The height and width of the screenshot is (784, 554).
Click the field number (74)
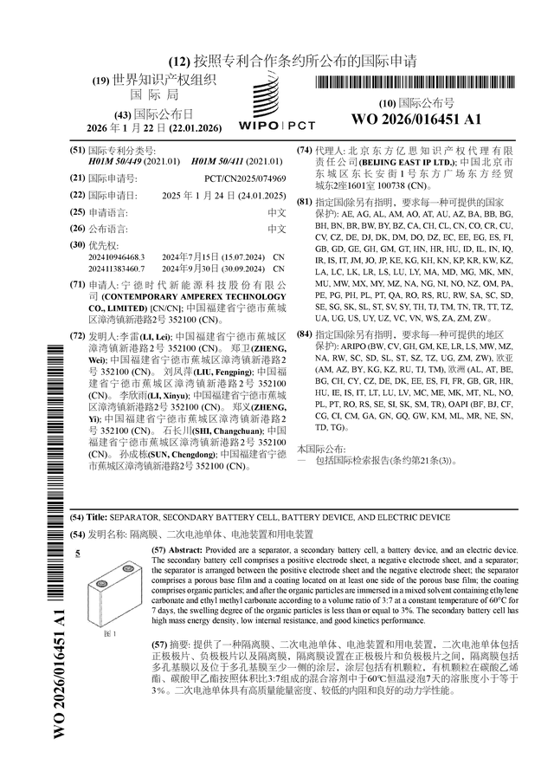(305, 151)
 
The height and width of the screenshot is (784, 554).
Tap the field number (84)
(305, 334)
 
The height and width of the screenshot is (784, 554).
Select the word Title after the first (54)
(97, 517)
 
